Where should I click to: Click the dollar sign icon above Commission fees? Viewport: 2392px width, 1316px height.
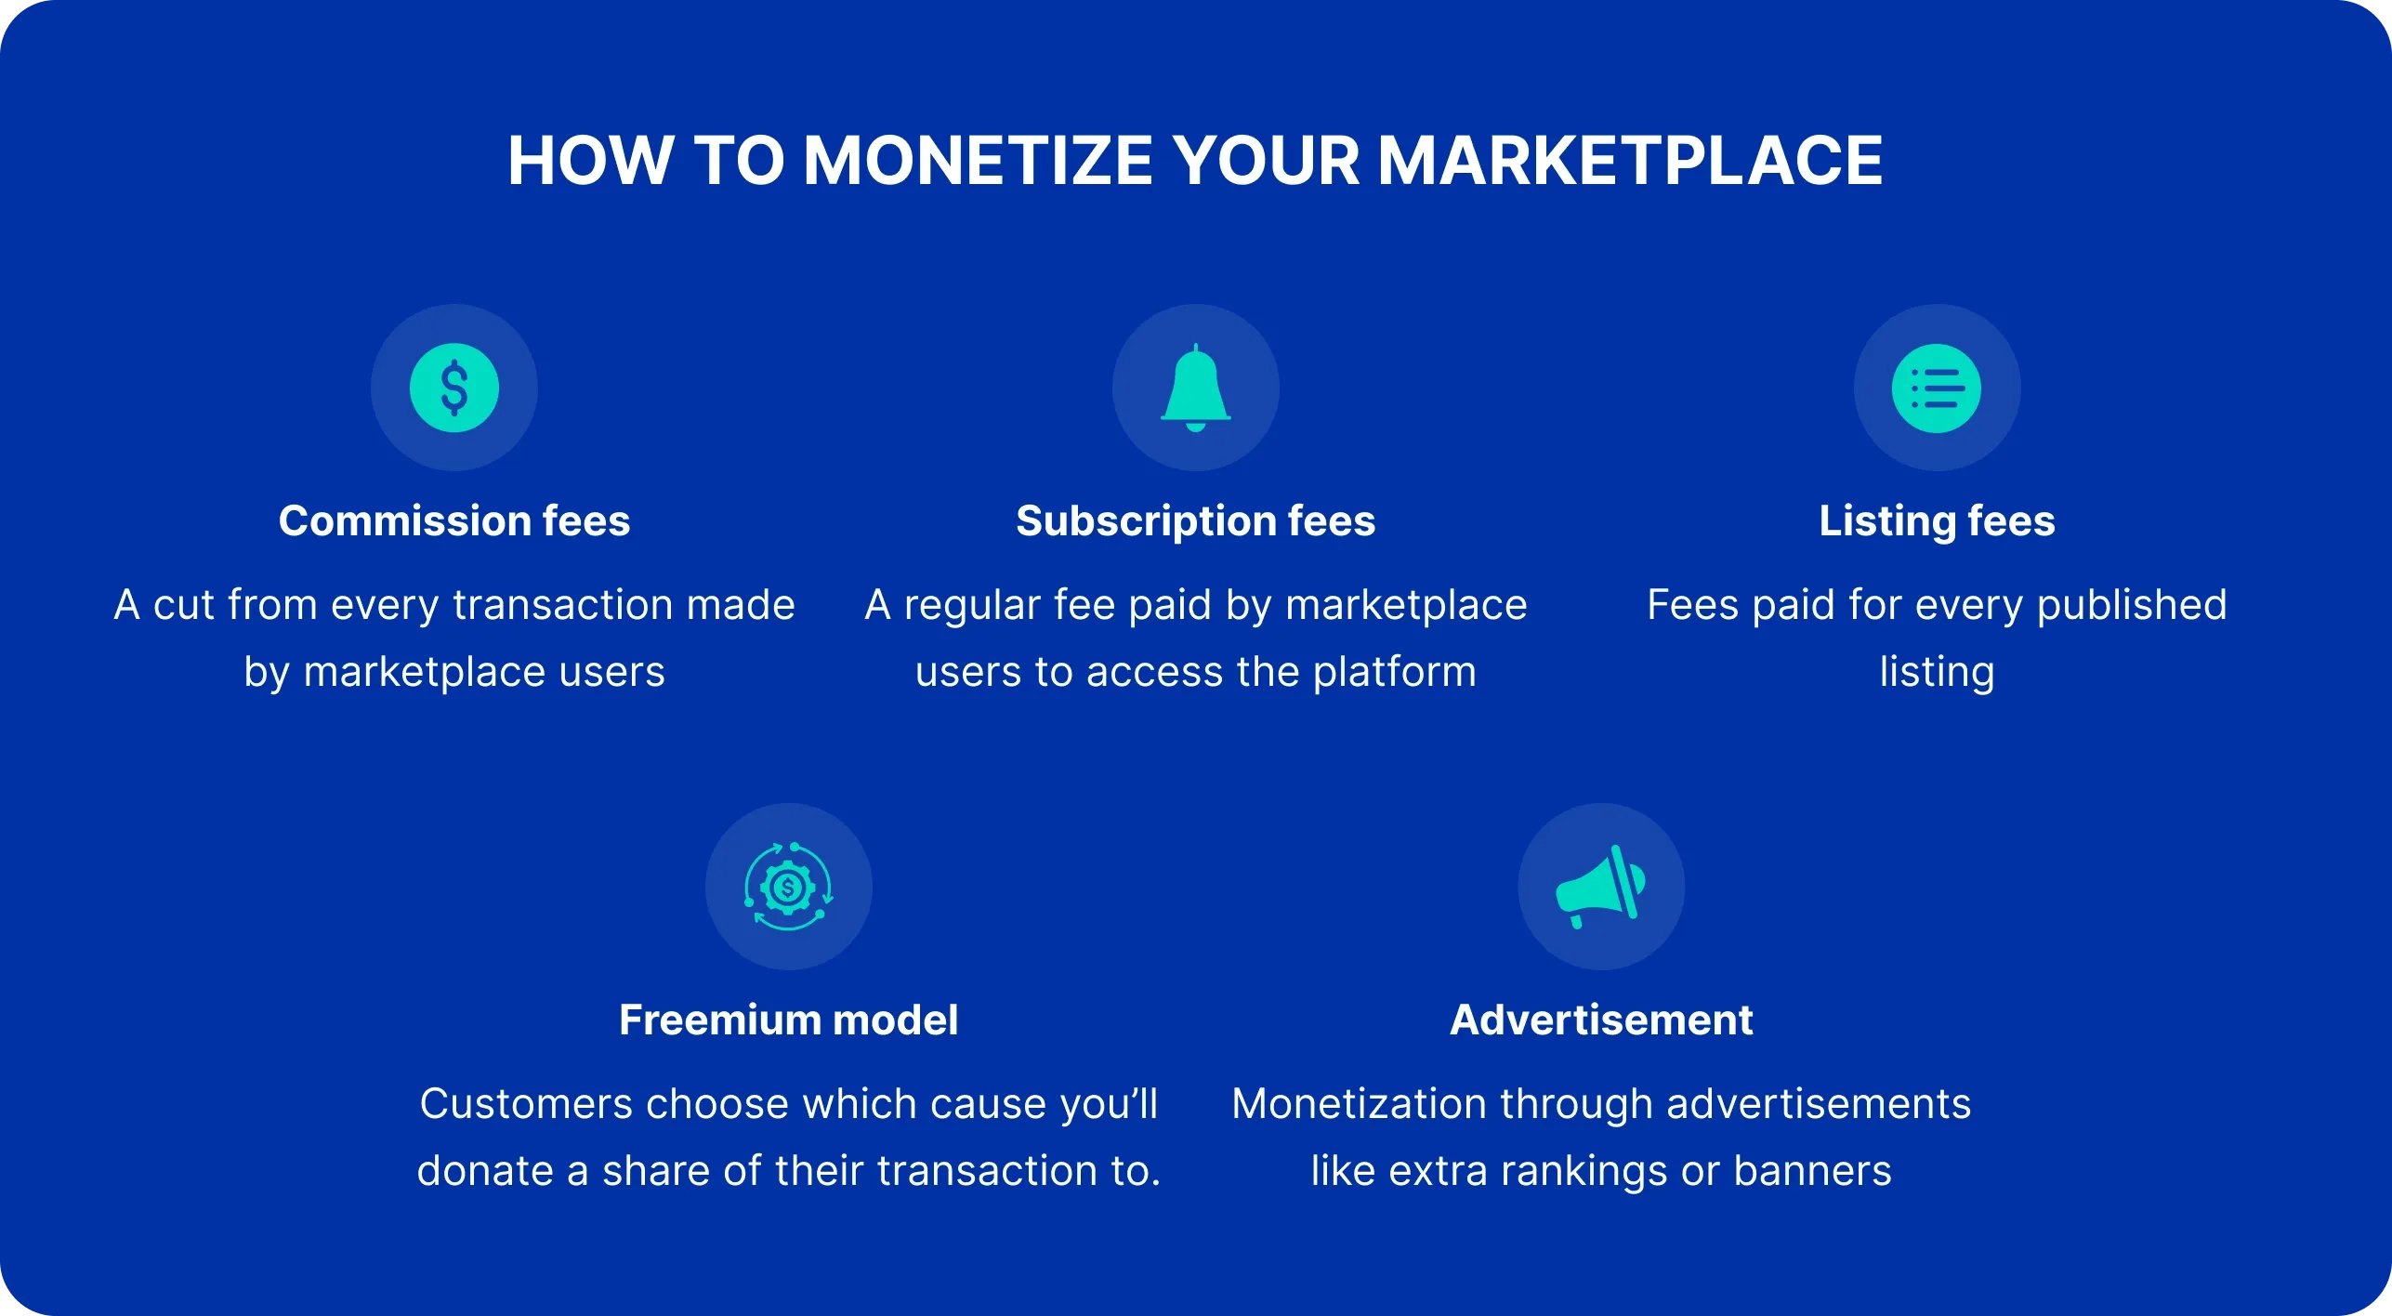pos(453,388)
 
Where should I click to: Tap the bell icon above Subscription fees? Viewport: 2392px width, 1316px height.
pos(1195,388)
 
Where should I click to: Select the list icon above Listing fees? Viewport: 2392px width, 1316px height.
pos(1937,388)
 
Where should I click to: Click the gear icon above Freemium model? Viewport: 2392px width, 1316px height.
pos(788,887)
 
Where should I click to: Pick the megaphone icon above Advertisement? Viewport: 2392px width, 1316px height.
pos(1600,887)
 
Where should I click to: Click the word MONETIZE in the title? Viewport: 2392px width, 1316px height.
pos(978,161)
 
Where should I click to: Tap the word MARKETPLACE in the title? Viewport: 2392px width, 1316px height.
pos(1630,161)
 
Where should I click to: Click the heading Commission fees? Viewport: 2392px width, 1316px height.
pos(453,520)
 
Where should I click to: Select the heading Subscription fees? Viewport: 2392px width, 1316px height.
pos(1195,520)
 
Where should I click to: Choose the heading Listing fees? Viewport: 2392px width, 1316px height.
pos(1937,520)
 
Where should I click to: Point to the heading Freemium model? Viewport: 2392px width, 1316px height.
pos(788,1020)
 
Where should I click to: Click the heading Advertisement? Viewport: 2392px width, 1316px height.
pos(1600,1020)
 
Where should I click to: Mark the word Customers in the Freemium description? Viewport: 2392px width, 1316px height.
pos(525,1104)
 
